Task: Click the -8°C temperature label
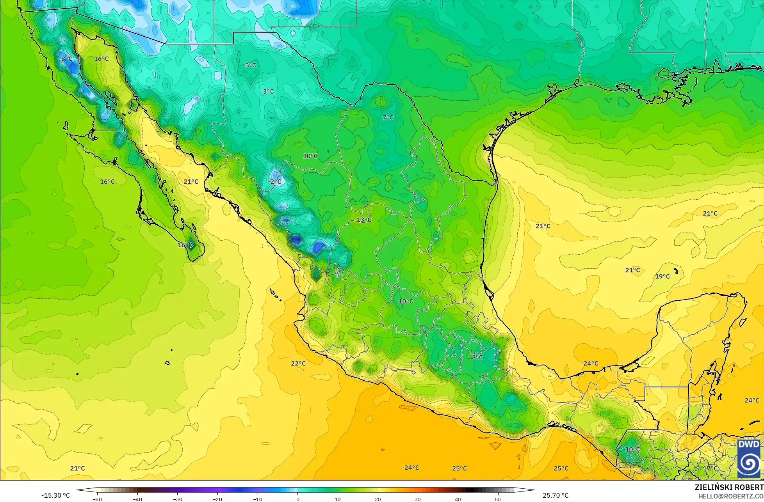(66, 59)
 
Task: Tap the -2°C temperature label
(274, 182)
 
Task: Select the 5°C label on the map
(251, 65)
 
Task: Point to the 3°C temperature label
(268, 92)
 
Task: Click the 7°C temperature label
(388, 117)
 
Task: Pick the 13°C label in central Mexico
(364, 220)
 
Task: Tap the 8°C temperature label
(477, 357)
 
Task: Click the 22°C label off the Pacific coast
(298, 364)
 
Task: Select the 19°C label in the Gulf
(662, 277)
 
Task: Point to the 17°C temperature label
(710, 468)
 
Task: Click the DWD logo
(749, 458)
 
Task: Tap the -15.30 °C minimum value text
(56, 495)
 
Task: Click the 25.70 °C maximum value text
(556, 495)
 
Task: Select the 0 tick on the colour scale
(297, 499)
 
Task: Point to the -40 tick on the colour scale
(137, 499)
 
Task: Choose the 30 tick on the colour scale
(418, 499)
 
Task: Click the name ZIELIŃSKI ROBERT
(729, 487)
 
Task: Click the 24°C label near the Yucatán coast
(591, 364)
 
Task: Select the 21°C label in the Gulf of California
(191, 182)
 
